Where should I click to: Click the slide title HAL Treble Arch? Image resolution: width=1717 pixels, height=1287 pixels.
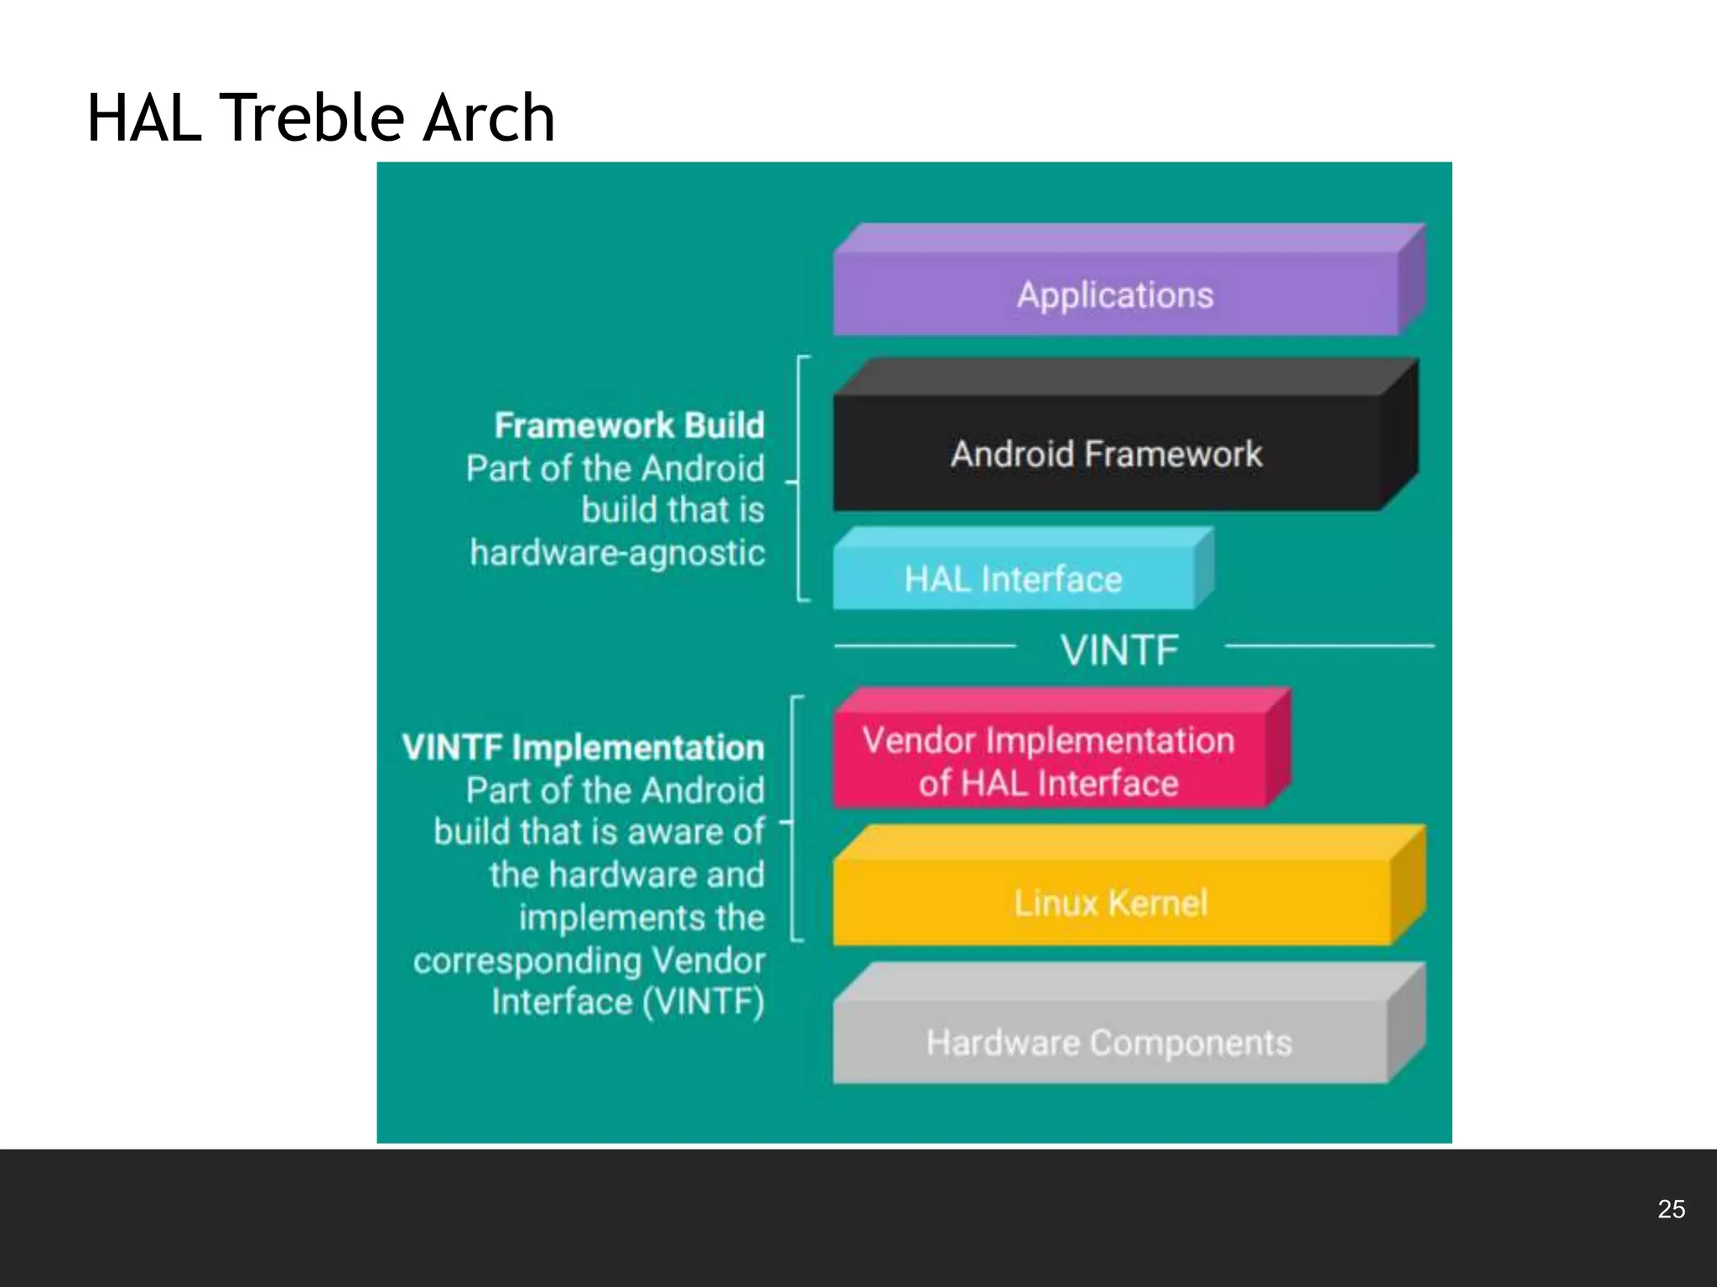pyautogui.click(x=320, y=118)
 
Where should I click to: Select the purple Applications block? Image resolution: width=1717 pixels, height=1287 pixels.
pyautogui.click(x=1115, y=295)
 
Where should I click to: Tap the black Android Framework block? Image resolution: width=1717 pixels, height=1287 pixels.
pyautogui.click(x=1107, y=454)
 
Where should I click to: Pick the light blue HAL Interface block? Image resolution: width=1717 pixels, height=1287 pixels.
pyautogui.click(x=1013, y=579)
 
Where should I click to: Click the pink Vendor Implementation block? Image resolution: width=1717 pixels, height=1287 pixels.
pyautogui.click(x=1048, y=762)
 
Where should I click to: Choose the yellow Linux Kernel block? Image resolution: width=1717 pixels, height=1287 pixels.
pyautogui.click(x=1111, y=902)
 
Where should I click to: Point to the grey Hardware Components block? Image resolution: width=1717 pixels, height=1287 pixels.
pyautogui.click(x=1109, y=1042)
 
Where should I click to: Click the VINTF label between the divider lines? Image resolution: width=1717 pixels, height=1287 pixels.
pyautogui.click(x=1120, y=650)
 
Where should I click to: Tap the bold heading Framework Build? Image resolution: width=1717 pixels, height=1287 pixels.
pyautogui.click(x=629, y=426)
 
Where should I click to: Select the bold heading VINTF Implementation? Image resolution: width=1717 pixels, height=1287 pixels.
pyautogui.click(x=583, y=747)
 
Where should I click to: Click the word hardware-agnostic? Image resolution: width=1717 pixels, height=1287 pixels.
pyautogui.click(x=617, y=553)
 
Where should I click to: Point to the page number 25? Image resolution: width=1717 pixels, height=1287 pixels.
pyautogui.click(x=1671, y=1209)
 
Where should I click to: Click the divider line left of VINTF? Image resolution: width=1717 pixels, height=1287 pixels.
pyautogui.click(x=925, y=646)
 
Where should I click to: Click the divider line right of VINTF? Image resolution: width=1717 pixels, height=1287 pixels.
pyautogui.click(x=1330, y=646)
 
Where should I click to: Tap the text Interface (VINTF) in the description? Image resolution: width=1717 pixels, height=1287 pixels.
pyautogui.click(x=628, y=1002)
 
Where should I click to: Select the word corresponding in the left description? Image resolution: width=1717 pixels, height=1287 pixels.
pyautogui.click(x=527, y=961)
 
